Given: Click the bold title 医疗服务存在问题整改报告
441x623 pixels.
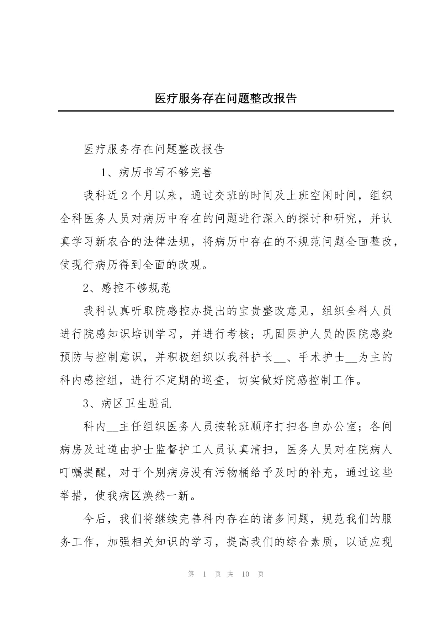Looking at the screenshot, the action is tap(226, 98).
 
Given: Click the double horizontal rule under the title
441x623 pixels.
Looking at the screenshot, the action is tap(226, 111).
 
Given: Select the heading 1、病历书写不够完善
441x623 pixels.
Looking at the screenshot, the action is tap(157, 172).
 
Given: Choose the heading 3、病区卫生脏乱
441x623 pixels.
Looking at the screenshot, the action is tap(127, 403).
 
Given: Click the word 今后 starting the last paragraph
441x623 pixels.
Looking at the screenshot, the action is tap(95, 519).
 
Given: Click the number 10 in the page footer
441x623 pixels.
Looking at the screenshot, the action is tap(245, 574).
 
